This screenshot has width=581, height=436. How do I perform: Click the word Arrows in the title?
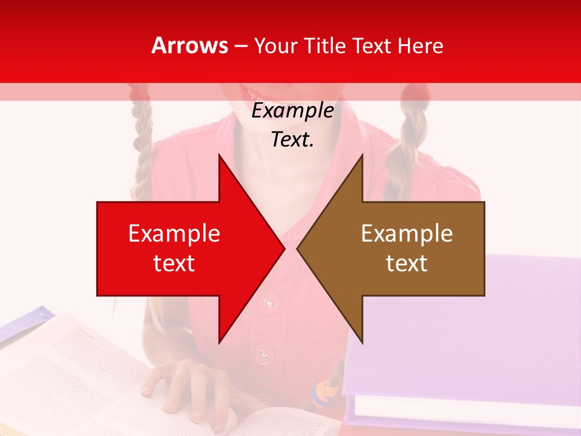point(189,45)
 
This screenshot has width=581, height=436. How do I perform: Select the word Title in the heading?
point(326,46)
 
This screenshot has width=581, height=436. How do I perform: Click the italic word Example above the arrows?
point(292,111)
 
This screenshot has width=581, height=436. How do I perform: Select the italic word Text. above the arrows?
point(292,140)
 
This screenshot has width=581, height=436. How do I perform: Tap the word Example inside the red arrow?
point(174,234)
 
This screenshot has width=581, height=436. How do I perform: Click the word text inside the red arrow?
point(174,263)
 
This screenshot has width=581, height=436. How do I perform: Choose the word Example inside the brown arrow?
point(407,234)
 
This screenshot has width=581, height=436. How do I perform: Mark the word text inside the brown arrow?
point(407,263)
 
